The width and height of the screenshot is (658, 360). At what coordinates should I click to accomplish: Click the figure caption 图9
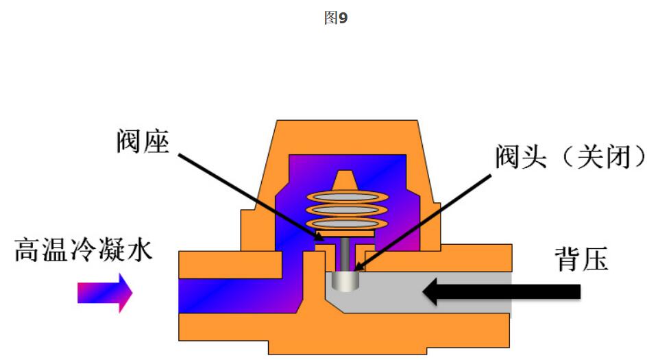point(336,19)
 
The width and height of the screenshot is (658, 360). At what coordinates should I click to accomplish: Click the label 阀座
point(142,141)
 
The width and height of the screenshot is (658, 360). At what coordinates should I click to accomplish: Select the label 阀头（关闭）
point(571,157)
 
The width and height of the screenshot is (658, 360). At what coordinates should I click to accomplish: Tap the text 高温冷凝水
point(84,250)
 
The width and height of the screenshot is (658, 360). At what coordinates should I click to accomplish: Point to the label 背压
point(581,260)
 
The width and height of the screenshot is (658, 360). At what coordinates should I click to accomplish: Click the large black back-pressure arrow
point(500,291)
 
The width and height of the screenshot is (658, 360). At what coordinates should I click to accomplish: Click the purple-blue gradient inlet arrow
point(104,293)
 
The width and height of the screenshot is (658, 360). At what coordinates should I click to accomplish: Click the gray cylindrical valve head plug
point(345,280)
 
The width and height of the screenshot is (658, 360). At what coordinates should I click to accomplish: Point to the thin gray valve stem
point(345,254)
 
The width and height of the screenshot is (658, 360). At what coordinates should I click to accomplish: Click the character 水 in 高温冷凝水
point(139,250)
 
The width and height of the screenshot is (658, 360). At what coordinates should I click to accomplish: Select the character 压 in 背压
point(594,260)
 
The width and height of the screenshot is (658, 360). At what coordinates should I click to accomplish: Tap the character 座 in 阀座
point(156,141)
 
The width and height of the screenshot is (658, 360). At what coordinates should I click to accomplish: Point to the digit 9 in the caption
point(343,19)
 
